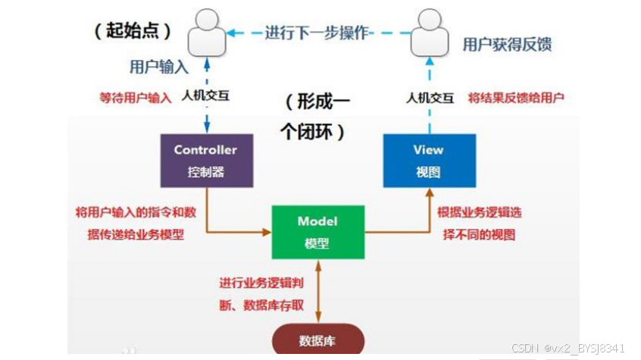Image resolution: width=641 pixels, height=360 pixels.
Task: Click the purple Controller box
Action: [x=205, y=160]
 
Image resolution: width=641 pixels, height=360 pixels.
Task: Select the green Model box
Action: [x=317, y=231]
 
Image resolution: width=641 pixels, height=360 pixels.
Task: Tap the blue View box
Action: [x=429, y=160]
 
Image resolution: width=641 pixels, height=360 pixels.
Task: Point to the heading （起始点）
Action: [x=133, y=30]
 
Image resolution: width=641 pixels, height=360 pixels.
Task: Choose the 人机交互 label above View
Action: [x=429, y=97]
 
